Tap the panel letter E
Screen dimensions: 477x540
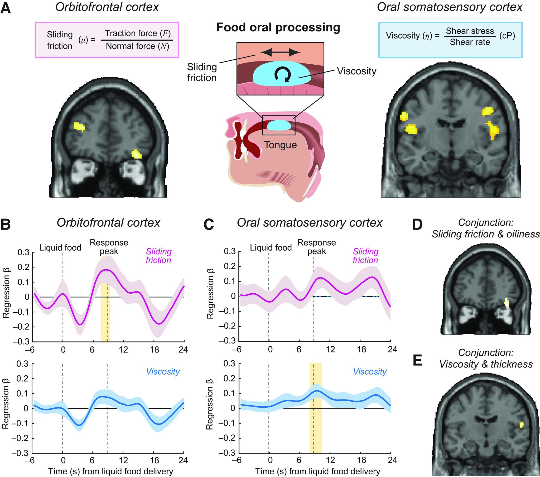click(x=417, y=361)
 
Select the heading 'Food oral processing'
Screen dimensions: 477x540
click(x=278, y=27)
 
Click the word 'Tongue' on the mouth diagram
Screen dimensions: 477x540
click(x=280, y=145)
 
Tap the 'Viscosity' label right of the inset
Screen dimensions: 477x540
click(x=356, y=71)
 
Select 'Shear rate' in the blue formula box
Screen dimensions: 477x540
click(x=470, y=42)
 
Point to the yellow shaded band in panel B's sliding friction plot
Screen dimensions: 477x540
click(x=105, y=299)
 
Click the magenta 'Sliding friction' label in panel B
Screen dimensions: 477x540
click(x=158, y=256)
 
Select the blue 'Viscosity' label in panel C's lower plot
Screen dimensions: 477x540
click(x=370, y=372)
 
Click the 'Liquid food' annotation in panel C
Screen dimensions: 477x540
click(x=271, y=247)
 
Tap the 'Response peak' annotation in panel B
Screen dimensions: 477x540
click(x=109, y=247)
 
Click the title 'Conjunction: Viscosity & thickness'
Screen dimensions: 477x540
click(x=486, y=358)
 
